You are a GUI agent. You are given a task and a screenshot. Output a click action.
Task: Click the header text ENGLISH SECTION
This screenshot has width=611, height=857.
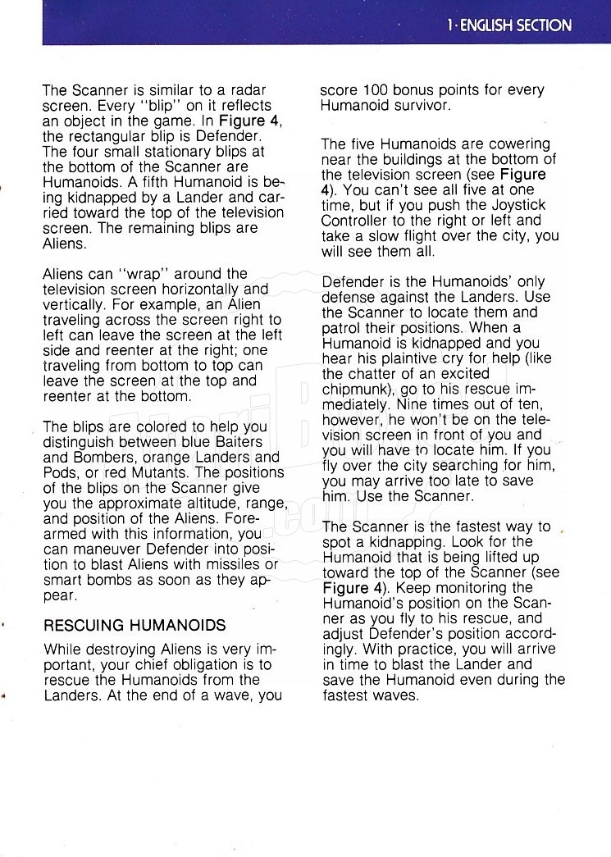click(515, 25)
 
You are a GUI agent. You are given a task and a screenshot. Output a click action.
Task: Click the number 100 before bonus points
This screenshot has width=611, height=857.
click(376, 89)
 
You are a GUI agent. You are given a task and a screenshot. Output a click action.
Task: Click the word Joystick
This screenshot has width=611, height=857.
click(522, 205)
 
